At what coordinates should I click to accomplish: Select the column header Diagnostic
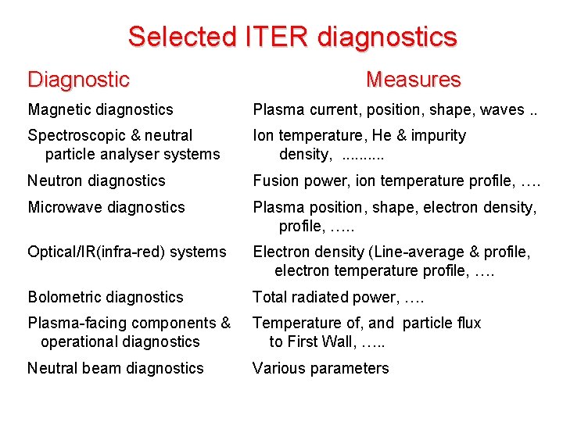pyautogui.click(x=78, y=79)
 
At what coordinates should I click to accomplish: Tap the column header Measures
pyautogui.click(x=414, y=79)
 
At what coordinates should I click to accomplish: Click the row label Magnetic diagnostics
pyautogui.click(x=100, y=110)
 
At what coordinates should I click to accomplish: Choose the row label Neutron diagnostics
pyautogui.click(x=96, y=181)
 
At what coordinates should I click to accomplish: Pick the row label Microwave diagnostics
pyautogui.click(x=106, y=207)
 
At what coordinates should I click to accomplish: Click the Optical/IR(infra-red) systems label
pyautogui.click(x=127, y=252)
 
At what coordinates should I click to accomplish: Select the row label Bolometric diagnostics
pyautogui.click(x=105, y=297)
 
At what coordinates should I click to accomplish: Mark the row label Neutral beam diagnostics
pyautogui.click(x=116, y=368)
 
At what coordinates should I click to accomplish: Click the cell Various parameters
pyautogui.click(x=321, y=368)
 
